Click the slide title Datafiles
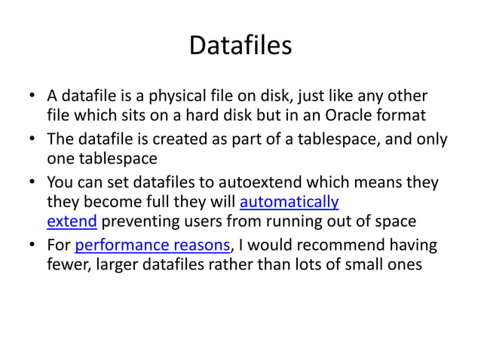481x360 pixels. coord(240,47)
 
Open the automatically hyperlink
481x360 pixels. coord(289,202)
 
